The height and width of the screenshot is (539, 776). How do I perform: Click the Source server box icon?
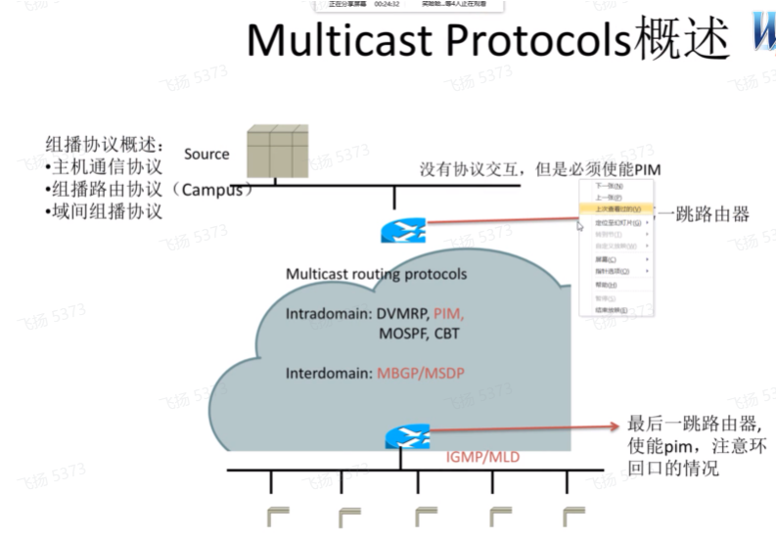[277, 153]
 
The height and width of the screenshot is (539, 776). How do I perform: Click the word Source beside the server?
[206, 154]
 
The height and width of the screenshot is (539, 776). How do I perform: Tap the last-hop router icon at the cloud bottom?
[404, 437]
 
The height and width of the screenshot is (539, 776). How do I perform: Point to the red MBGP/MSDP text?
[424, 374]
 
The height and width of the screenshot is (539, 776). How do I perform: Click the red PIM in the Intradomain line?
[448, 315]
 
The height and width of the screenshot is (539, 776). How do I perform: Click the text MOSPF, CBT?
[420, 334]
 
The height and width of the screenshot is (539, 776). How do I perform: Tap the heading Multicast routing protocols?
[376, 274]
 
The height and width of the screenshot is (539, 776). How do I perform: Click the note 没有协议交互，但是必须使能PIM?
[540, 169]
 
